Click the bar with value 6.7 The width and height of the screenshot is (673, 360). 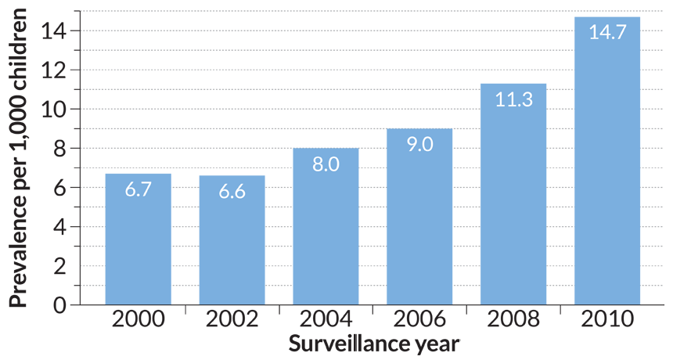pos(138,243)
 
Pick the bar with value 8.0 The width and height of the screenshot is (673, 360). pos(326,235)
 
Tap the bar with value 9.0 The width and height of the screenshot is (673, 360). pos(419,227)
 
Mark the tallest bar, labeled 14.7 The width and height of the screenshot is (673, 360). pos(607,172)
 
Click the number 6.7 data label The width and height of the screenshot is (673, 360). pos(138,189)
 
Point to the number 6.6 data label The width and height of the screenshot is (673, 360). pos(231,192)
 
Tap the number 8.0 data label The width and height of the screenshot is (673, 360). pos(326,166)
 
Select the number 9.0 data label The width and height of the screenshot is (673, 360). pos(419,146)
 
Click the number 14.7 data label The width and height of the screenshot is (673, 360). pos(607,34)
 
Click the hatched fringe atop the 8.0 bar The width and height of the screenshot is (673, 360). pos(326,142)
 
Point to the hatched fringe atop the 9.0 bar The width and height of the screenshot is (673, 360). pos(419,123)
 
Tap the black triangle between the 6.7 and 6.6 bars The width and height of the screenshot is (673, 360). pos(185,300)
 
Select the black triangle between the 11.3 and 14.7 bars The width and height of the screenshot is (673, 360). pos(560,300)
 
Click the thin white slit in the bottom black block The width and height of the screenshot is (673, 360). pos(358,343)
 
